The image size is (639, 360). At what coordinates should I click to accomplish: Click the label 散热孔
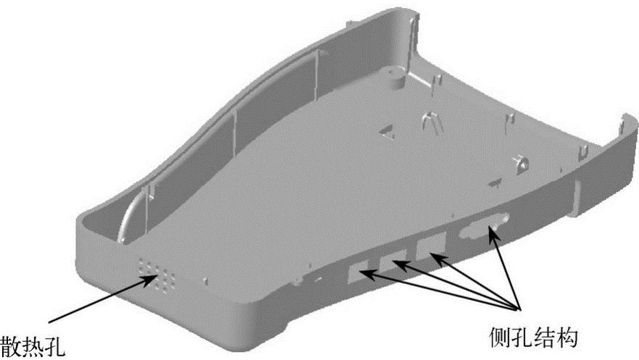(x=32, y=346)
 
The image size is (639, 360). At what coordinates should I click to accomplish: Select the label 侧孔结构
(x=533, y=338)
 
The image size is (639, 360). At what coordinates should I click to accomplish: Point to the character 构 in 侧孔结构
(x=567, y=338)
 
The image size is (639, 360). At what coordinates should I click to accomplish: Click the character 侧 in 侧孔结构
(x=500, y=338)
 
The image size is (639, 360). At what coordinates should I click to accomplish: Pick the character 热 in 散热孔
(x=32, y=346)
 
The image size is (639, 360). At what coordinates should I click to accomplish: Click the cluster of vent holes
(x=157, y=275)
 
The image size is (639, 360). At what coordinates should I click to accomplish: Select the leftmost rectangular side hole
(x=358, y=272)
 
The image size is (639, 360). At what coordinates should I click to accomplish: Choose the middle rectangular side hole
(x=393, y=261)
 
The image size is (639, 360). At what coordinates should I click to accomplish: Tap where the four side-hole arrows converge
(x=519, y=309)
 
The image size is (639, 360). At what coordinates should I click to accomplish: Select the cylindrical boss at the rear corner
(x=396, y=78)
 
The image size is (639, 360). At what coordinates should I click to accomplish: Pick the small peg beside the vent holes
(x=206, y=281)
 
